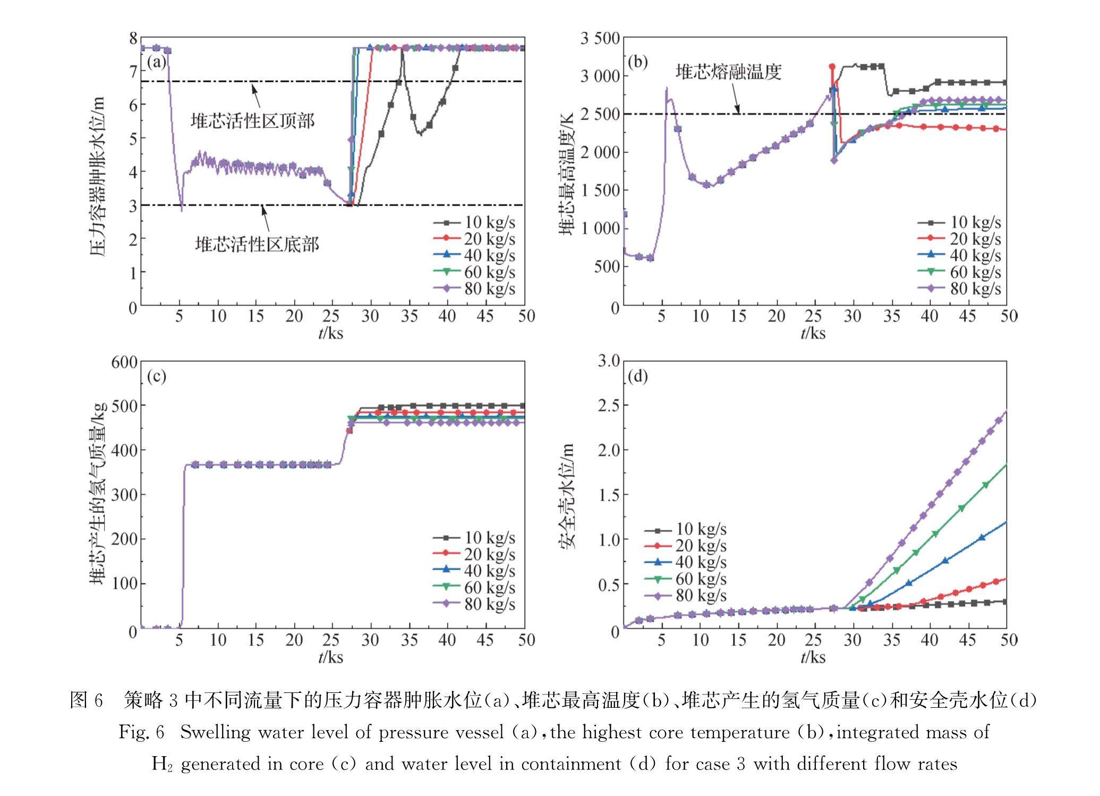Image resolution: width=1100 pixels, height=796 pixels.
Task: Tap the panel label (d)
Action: click(x=638, y=377)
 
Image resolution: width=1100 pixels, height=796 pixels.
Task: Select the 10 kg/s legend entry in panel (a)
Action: click(x=474, y=222)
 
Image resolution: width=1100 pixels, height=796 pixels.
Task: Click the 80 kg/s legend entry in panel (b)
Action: click(x=959, y=289)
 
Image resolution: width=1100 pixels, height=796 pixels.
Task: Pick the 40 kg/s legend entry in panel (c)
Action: click(x=474, y=570)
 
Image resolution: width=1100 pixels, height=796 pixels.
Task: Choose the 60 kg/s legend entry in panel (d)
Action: click(x=685, y=579)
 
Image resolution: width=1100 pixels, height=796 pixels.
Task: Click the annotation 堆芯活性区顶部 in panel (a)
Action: click(x=253, y=122)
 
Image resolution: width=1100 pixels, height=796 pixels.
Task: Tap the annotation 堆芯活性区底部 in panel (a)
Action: click(x=257, y=244)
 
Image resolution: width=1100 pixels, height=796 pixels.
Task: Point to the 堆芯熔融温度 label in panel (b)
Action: click(x=728, y=72)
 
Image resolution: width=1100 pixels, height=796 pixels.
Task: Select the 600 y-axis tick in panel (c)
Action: click(x=124, y=362)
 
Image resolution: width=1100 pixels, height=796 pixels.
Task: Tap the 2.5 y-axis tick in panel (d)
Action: click(x=609, y=405)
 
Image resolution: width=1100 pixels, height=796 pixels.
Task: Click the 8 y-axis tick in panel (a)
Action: click(x=133, y=38)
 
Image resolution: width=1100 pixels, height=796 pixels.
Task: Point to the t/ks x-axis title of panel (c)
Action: click(x=331, y=657)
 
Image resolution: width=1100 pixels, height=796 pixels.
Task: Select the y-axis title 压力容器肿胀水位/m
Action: click(x=97, y=175)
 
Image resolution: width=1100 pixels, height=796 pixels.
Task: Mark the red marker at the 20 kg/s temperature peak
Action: click(x=832, y=66)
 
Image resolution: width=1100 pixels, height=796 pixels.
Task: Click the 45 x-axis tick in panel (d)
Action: click(x=968, y=640)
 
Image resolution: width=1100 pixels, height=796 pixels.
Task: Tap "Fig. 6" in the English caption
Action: click(x=141, y=732)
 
